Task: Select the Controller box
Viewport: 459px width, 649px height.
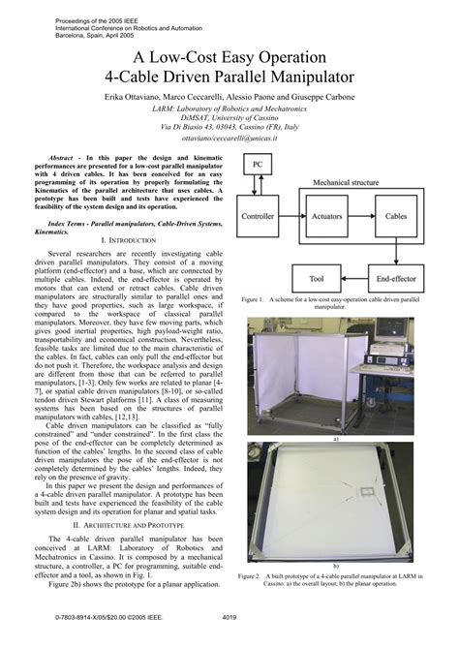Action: point(258,217)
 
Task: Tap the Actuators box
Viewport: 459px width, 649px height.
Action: point(327,217)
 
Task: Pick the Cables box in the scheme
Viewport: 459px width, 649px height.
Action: point(396,217)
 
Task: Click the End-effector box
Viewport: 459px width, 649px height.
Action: point(396,278)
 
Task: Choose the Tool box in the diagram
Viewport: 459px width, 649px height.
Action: point(317,278)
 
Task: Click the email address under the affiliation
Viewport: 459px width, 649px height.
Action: point(229,139)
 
